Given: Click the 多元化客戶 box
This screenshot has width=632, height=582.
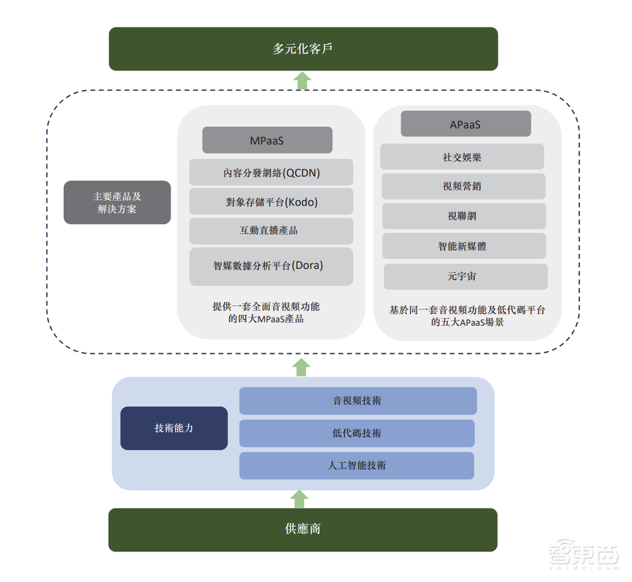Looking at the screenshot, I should (x=303, y=49).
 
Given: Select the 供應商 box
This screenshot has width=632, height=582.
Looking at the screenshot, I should (x=303, y=529).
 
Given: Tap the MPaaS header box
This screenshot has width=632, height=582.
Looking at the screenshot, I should (x=267, y=140).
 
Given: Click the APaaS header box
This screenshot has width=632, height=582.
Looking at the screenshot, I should (x=465, y=124).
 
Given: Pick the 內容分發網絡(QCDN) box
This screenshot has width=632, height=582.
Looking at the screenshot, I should (x=271, y=172).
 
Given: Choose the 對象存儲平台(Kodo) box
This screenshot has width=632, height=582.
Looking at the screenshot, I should (x=271, y=202).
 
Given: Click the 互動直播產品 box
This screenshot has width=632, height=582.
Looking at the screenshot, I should (x=271, y=231).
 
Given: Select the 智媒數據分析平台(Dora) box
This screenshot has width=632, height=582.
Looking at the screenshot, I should (x=271, y=266).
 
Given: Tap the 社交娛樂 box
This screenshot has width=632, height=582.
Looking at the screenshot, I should (x=462, y=157).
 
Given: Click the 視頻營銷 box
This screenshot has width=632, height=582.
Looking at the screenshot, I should (x=463, y=186).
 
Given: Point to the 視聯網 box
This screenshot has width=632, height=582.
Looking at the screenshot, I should (x=463, y=216).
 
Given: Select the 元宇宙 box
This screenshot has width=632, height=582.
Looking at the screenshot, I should (x=465, y=276).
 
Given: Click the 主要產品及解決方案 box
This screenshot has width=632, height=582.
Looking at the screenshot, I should (x=117, y=203).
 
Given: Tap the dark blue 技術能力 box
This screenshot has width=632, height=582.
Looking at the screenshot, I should (x=174, y=428).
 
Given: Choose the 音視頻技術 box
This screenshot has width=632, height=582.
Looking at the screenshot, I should (x=358, y=401).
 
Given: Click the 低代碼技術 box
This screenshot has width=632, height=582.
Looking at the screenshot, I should (x=357, y=433).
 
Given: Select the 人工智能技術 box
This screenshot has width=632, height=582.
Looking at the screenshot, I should (x=357, y=465).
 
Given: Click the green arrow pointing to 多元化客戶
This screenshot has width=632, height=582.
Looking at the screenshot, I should (x=303, y=80).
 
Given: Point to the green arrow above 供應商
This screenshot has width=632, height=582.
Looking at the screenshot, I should (x=298, y=499).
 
